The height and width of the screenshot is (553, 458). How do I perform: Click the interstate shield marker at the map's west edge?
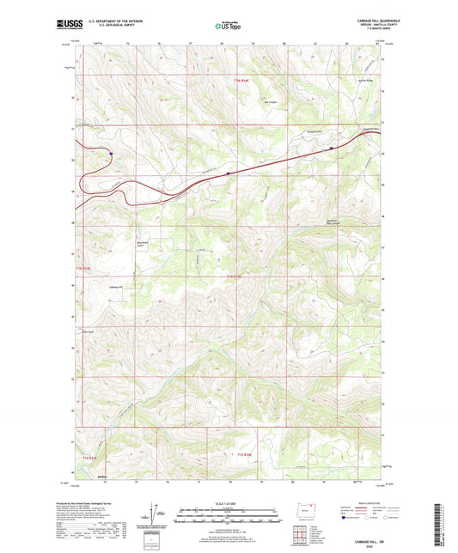(111, 155)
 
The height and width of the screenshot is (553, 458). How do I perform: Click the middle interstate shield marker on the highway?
(228, 173)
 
